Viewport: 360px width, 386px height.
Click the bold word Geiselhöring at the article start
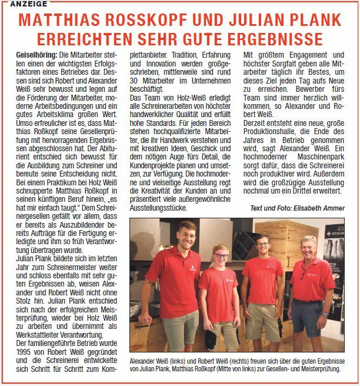(x=35, y=55)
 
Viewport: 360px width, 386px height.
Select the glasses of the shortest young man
(x=220, y=256)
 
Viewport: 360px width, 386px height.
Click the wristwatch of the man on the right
(x=325, y=314)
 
